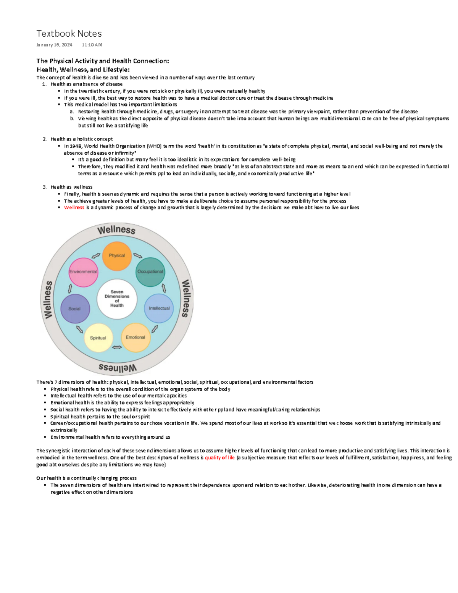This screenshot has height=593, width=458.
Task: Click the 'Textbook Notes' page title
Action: (69, 34)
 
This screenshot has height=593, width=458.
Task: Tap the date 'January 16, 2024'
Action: (54, 45)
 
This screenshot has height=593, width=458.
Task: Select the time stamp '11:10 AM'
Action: (92, 45)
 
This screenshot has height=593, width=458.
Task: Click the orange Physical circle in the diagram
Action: (117, 256)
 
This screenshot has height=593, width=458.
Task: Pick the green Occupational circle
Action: (150, 272)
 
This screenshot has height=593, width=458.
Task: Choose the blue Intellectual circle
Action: (159, 308)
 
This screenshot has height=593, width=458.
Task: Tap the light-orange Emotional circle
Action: (135, 338)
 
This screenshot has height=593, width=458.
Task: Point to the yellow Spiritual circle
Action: (98, 338)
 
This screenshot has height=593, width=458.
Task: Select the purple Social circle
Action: (75, 309)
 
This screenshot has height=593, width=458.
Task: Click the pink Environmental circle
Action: (83, 272)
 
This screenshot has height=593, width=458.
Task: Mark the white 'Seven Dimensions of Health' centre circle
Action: (117, 299)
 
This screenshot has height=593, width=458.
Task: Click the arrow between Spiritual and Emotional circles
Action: (117, 347)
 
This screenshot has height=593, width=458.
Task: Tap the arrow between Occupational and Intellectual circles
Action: (164, 288)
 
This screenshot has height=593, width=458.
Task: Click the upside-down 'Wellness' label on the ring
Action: (118, 368)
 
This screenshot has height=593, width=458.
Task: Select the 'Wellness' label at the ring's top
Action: (116, 230)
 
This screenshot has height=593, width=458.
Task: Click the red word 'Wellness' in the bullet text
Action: (74, 208)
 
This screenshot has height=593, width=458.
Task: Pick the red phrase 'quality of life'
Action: (220, 457)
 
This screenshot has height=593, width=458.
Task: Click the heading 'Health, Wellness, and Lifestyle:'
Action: (83, 69)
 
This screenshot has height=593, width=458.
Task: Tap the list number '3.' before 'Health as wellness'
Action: (45, 187)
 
